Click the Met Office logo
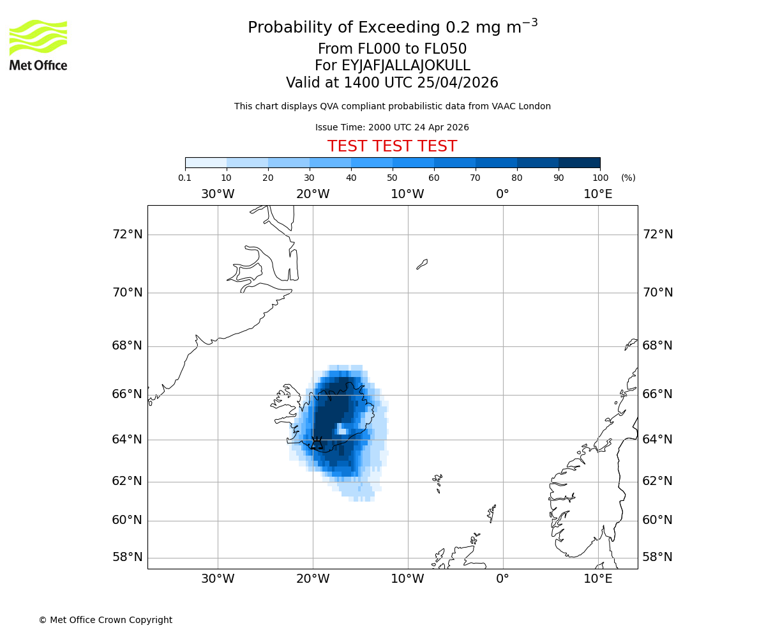38,45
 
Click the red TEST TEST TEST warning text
392,146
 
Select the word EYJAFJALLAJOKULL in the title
406,66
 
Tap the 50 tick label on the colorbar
393,178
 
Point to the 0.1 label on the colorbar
185,178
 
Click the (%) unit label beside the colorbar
628,178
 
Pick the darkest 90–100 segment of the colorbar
579,162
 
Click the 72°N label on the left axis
128,235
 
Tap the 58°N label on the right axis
657,557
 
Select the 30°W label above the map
218,194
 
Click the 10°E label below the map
598,579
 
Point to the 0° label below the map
503,579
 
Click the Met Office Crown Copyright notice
105,620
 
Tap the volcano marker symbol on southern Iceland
317,442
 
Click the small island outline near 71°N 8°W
422,264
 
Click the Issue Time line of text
392,127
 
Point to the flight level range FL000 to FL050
392,49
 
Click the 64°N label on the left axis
128,440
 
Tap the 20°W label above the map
313,194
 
